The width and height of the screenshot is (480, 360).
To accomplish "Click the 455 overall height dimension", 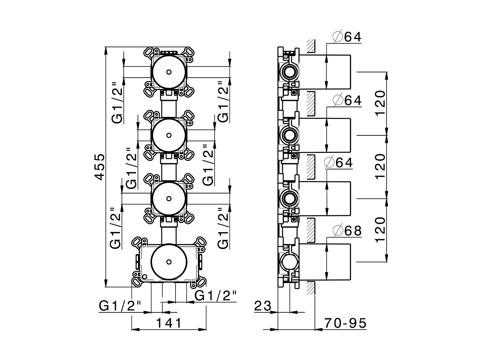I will pyautogui.click(x=99, y=166).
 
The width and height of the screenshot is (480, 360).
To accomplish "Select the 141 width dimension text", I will pyautogui.click(x=169, y=322).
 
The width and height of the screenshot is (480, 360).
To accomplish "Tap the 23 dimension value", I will pyautogui.click(x=262, y=306).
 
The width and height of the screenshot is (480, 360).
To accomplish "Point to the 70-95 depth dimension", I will pyautogui.click(x=345, y=322).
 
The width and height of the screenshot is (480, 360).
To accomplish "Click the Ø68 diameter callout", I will pyautogui.click(x=347, y=231).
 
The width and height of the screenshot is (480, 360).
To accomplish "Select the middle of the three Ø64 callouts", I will pyautogui.click(x=347, y=100).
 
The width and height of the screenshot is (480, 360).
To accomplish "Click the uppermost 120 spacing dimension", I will pyautogui.click(x=379, y=103).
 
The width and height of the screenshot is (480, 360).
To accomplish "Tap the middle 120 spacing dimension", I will pyautogui.click(x=379, y=166).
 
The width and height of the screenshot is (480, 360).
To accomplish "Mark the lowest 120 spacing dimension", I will pyautogui.click(x=379, y=229).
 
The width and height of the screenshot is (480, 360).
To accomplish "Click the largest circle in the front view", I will pyautogui.click(x=169, y=261).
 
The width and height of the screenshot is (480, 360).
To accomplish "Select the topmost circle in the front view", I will pyautogui.click(x=169, y=72).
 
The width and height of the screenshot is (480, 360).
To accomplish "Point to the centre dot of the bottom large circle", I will pyautogui.click(x=169, y=261).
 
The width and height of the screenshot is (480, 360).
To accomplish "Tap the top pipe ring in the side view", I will pyautogui.click(x=289, y=71).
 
